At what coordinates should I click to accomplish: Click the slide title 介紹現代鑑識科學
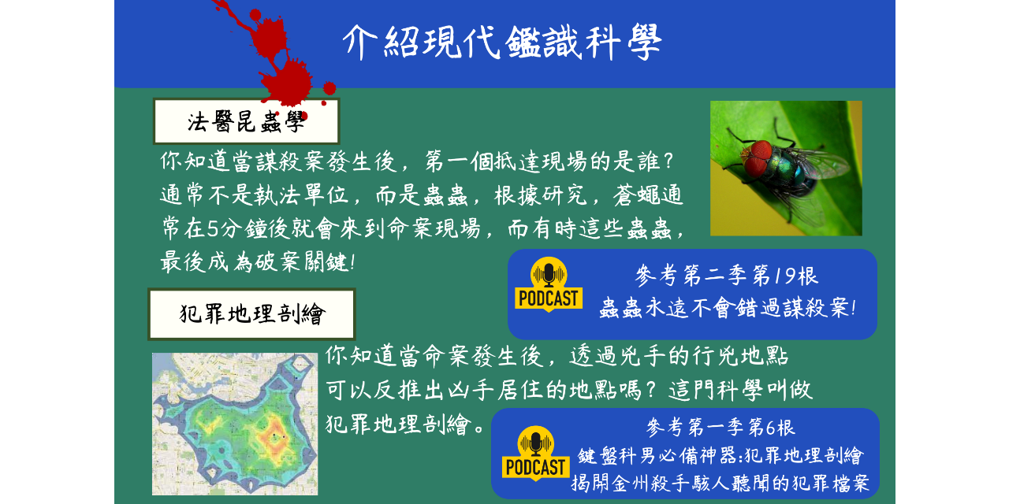coord(502,41)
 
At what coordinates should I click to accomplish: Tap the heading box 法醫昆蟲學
coord(246,122)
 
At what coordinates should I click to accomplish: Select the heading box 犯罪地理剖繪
coord(251,314)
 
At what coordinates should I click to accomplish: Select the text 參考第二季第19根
coord(726,276)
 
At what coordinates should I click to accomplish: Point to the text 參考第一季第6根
coord(720,428)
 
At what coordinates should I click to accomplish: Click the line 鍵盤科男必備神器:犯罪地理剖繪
coord(720,456)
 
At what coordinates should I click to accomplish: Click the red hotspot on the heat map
coord(265,429)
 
